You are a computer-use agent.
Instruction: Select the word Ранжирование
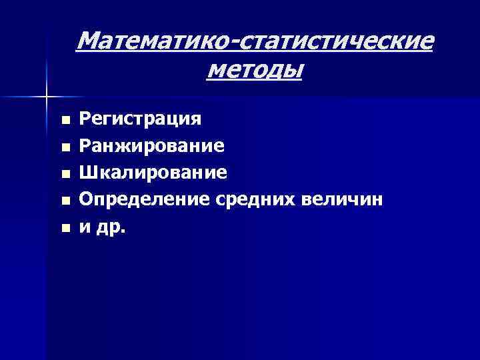(151, 146)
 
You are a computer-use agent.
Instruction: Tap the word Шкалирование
(153, 173)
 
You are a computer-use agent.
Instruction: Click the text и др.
(102, 227)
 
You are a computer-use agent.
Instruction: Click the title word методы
(254, 69)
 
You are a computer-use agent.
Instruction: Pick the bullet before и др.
(64, 228)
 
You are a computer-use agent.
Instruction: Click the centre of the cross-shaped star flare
(46, 97)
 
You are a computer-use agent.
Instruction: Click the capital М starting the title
(89, 42)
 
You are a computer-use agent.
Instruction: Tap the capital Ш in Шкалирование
(87, 173)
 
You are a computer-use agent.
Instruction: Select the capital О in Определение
(87, 199)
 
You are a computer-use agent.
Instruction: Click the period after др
(122, 231)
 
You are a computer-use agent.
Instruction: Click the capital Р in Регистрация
(85, 119)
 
